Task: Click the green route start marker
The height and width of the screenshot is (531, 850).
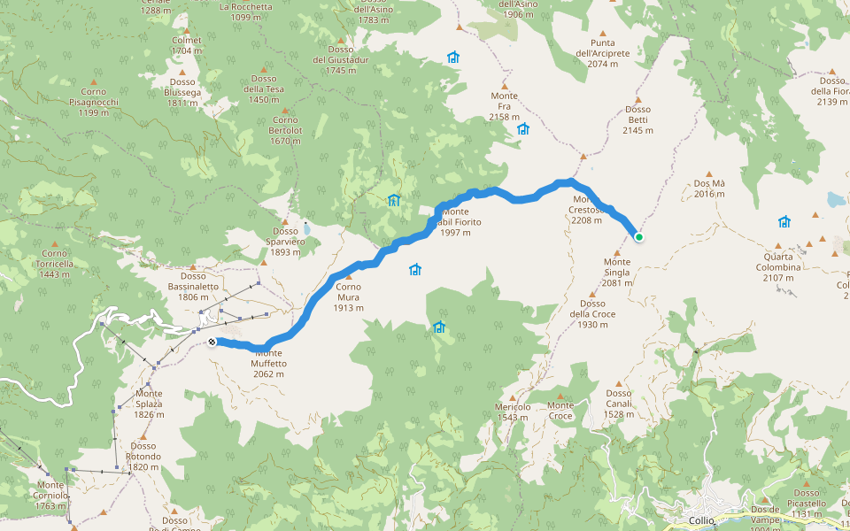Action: point(638,236)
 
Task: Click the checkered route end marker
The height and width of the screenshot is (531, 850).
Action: point(212,342)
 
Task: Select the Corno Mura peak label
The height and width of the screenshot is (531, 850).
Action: point(348,296)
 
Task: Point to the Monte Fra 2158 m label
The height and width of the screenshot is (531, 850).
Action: point(504,106)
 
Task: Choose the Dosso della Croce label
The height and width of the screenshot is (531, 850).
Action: point(592,314)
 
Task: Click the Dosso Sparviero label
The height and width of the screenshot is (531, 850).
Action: point(285,242)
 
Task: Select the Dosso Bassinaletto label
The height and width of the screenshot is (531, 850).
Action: point(193,286)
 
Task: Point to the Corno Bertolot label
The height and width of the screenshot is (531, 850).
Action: point(285,130)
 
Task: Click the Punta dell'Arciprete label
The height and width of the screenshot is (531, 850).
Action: point(602,53)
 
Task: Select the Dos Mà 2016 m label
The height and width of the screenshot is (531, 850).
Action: point(709,189)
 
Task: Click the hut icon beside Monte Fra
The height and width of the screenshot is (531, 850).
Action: point(522,129)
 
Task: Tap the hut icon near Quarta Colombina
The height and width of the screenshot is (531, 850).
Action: point(784,221)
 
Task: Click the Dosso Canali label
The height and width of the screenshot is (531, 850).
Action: point(618,404)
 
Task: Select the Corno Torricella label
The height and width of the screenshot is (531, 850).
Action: point(55,264)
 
